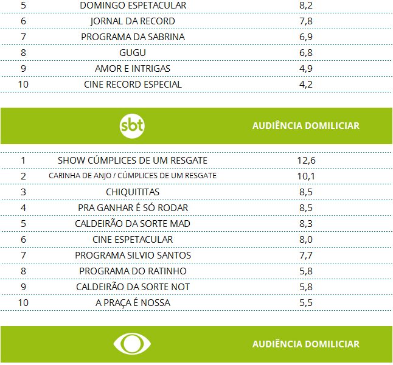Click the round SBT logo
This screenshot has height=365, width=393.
coord(133,126)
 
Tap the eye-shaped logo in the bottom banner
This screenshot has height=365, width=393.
coord(131,344)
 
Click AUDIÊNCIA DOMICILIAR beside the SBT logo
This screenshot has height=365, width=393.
coord(305,126)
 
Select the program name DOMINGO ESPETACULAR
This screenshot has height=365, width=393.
coord(133,5)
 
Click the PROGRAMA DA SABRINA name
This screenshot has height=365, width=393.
coord(133,37)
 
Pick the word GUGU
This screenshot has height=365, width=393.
coord(133,53)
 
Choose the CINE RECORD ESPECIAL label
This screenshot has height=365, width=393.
coord(133,85)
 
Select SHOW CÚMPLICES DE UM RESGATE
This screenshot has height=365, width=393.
coord(133,161)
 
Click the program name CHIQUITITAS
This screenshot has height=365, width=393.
coord(133,192)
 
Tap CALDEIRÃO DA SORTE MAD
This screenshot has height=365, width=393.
coord(133,224)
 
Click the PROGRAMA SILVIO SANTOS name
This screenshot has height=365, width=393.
coord(133,255)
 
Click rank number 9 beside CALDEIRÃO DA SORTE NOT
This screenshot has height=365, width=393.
coord(23,287)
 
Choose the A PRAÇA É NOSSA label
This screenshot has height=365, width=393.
coord(133,303)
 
